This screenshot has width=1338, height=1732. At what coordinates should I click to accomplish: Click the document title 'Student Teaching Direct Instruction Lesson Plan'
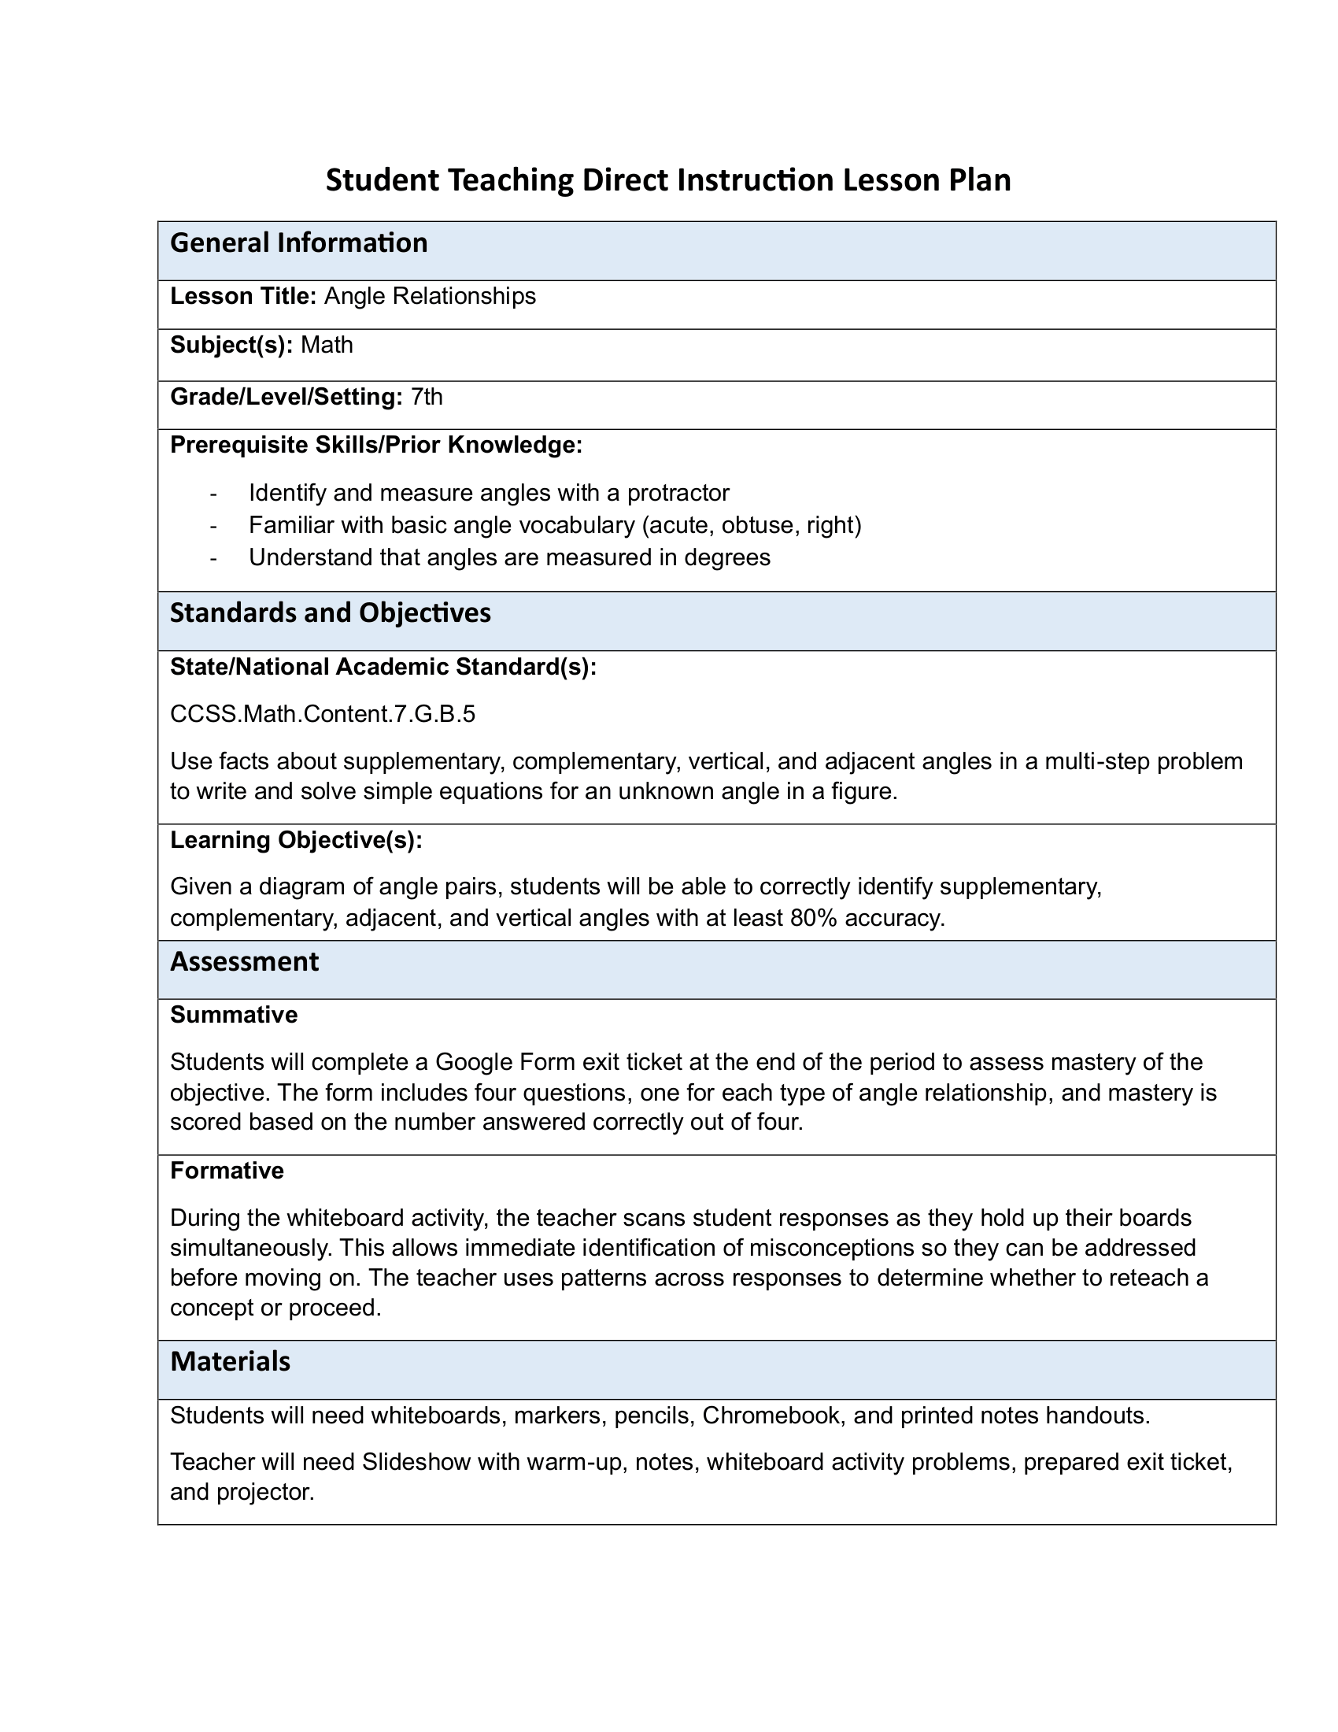point(668,181)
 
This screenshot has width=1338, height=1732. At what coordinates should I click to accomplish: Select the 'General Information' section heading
point(299,242)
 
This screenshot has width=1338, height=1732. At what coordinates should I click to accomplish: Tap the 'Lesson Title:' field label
point(243,297)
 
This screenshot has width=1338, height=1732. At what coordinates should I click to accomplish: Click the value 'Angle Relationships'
point(430,297)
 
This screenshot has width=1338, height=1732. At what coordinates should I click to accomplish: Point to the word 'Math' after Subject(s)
point(327,345)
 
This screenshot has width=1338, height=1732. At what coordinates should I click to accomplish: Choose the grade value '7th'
point(427,397)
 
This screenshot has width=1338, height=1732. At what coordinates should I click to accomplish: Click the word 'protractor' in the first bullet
point(678,494)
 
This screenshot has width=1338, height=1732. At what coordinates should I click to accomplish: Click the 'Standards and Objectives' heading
point(331,613)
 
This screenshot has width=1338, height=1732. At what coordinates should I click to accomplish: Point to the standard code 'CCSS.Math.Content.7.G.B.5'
point(323,715)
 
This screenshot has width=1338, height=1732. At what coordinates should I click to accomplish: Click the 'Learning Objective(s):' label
point(297,841)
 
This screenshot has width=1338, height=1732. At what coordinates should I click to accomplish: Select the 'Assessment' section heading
point(244,962)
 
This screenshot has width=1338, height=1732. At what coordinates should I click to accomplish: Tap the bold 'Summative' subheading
point(234,1015)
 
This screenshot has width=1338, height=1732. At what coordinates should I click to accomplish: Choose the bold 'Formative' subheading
point(227,1171)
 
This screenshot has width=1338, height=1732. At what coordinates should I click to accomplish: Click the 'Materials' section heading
point(230,1362)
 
